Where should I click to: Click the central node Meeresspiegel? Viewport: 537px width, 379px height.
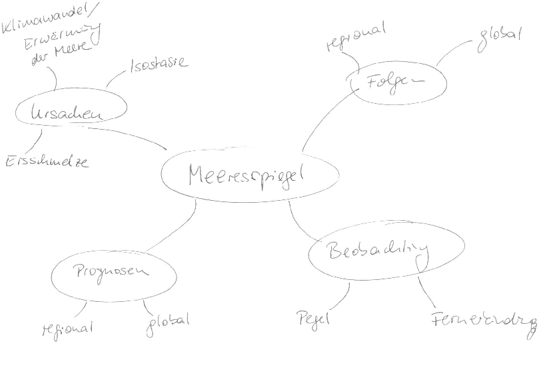(246, 176)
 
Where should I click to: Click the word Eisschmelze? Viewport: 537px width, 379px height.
(47, 162)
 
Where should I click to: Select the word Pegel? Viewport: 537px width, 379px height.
(313, 318)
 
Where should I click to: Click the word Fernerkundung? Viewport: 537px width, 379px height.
(483, 320)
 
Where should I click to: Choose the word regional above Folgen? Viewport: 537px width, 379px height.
(356, 38)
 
